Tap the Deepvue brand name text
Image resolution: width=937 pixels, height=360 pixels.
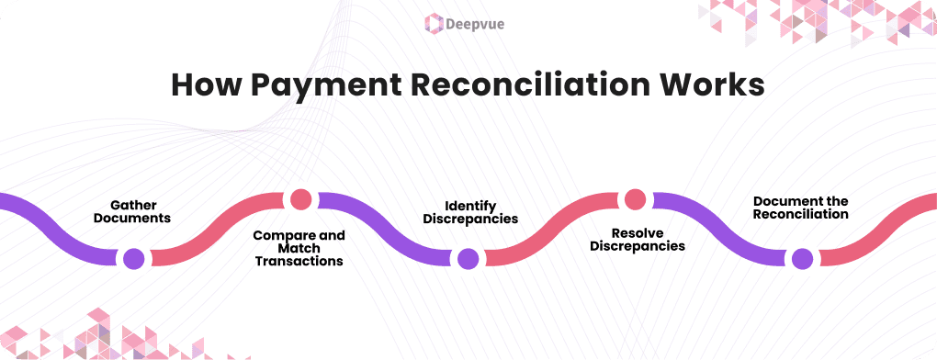pos(480,22)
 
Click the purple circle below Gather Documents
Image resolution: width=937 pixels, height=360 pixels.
pos(134,258)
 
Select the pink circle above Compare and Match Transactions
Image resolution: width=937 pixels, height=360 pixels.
pos(300,199)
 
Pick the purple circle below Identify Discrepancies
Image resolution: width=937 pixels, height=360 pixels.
pos(468,258)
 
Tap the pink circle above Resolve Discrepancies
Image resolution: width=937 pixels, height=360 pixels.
pos(635,199)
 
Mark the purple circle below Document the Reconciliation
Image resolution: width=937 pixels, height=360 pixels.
pos(802,258)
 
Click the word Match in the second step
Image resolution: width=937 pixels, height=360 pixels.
pos(299,248)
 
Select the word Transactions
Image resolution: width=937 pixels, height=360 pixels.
pos(299,261)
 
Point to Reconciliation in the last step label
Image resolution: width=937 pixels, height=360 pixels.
pos(800,214)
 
